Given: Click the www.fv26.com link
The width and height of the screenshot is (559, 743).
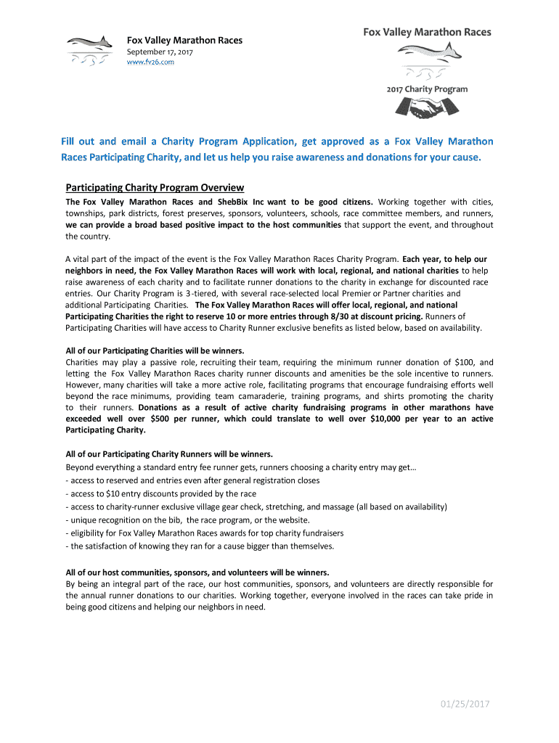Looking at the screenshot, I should (x=151, y=62).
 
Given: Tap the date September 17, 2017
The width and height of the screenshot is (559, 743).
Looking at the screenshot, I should (x=160, y=52).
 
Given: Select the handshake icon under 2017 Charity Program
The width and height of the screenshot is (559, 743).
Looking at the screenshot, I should (x=427, y=108).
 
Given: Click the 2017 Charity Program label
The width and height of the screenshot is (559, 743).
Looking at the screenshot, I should (x=427, y=89).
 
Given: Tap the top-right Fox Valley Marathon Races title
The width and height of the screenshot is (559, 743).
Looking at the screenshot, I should (x=427, y=32).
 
